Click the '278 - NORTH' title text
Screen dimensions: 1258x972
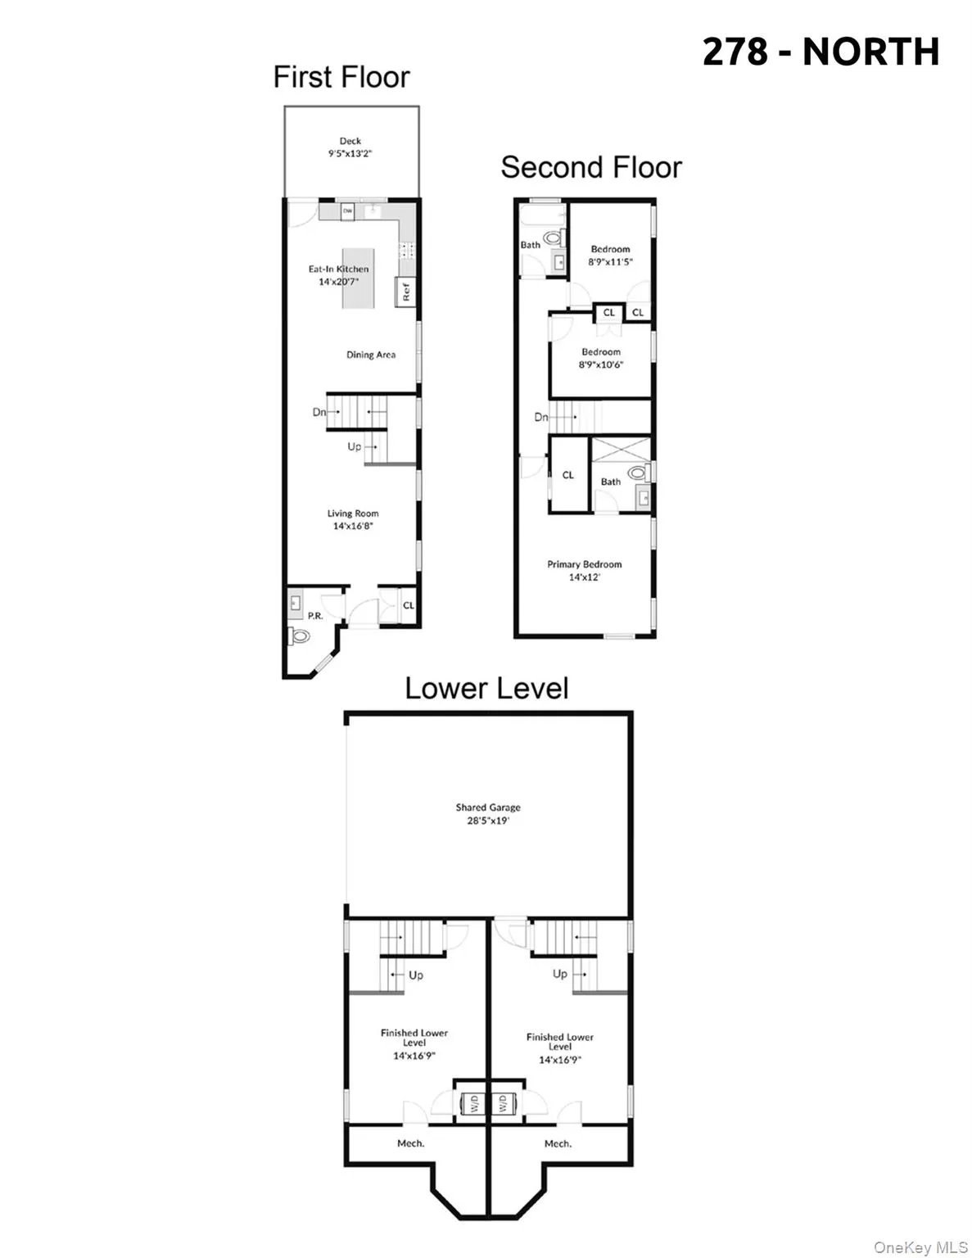[821, 52]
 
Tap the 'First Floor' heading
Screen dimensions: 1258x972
[341, 77]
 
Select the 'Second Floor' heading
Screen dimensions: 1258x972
[590, 167]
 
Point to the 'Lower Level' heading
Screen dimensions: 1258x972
[486, 688]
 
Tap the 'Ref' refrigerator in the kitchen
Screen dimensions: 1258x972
[405, 291]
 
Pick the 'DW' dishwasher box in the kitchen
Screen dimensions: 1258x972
[347, 210]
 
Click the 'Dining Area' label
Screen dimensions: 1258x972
[371, 355]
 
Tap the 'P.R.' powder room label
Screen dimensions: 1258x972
[315, 615]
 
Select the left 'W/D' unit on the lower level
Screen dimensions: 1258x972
[472, 1104]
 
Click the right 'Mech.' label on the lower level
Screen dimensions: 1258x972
[558, 1143]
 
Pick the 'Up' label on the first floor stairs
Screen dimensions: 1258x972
[355, 446]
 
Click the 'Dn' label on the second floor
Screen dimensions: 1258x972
[540, 417]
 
